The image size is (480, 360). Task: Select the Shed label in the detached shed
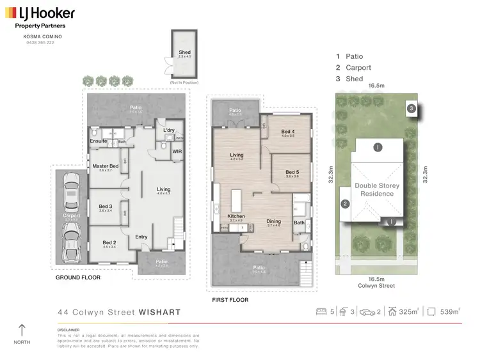coord(184,52)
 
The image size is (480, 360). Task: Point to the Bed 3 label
coord(105,206)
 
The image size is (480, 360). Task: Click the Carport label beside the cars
coord(71,216)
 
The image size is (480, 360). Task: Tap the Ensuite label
coord(99,141)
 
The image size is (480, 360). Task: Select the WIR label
coord(177,152)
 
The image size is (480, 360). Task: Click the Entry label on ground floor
coord(141,237)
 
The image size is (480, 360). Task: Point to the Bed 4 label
coord(287,131)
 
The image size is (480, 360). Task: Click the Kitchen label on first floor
coord(236,216)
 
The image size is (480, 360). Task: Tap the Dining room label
coord(274,221)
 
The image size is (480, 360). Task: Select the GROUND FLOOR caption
coord(79,278)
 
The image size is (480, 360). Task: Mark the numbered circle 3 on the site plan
coord(412,109)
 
